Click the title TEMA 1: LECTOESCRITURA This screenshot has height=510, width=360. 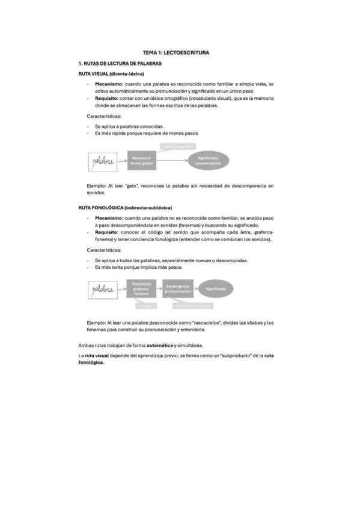[180, 53]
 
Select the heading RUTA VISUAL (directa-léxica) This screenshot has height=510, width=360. [111, 73]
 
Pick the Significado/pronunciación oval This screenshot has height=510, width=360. [209, 160]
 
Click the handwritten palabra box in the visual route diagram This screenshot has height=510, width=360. [103, 161]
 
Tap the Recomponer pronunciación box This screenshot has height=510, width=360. [178, 289]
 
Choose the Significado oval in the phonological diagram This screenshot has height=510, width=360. [216, 289]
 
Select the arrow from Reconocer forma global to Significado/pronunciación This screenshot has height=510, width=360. [174, 160]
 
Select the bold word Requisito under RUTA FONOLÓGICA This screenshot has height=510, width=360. [108, 232]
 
